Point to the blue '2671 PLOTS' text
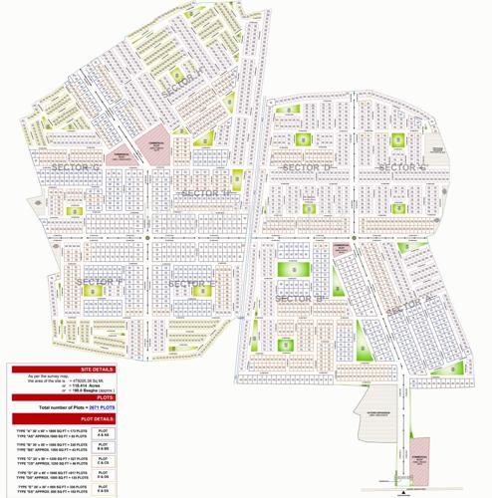[x=105, y=408]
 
